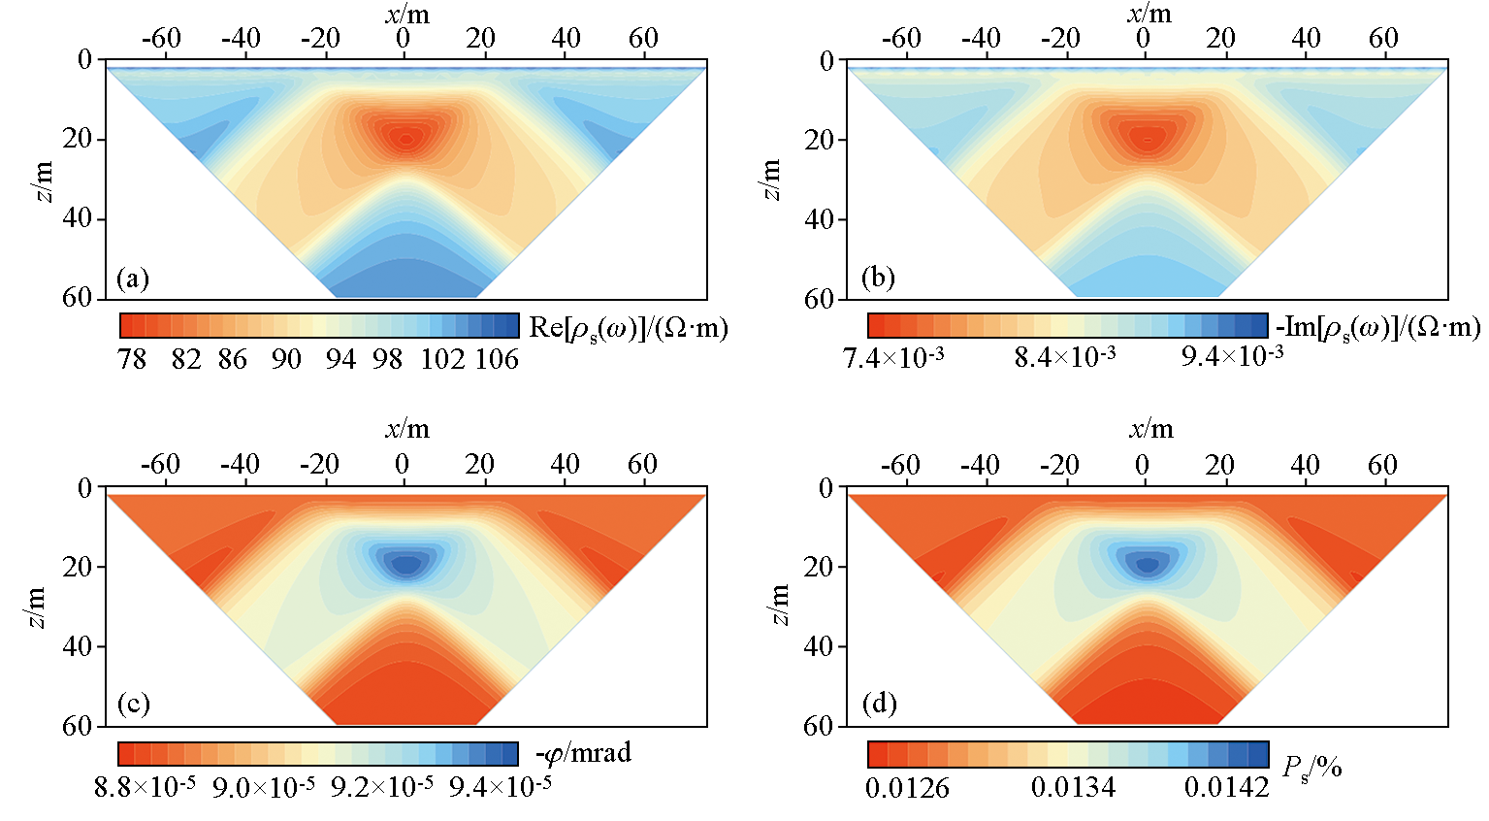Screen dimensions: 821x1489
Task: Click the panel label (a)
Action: (132, 279)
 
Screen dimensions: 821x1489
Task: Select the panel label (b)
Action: (878, 279)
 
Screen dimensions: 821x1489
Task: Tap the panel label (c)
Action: (132, 703)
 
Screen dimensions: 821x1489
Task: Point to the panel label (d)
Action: (879, 703)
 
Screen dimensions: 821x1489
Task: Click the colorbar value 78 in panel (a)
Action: (131, 359)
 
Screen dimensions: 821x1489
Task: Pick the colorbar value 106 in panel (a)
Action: (497, 359)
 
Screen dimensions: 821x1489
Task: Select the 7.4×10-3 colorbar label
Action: (893, 358)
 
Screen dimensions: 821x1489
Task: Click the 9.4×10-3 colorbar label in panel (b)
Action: (1232, 356)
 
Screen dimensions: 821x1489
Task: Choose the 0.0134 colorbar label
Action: (1073, 787)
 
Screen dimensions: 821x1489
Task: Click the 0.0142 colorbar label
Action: (1226, 787)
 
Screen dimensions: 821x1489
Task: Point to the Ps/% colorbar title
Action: (1312, 768)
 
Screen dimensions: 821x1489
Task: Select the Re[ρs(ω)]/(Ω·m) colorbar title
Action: (628, 328)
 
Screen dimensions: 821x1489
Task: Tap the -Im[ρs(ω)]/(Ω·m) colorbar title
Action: (1377, 328)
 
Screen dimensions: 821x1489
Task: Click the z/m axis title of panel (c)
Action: (37, 607)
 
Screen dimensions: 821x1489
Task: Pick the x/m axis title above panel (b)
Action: (1149, 14)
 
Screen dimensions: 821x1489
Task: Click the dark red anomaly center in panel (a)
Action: (405, 139)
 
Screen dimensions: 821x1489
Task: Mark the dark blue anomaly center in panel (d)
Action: (1148, 564)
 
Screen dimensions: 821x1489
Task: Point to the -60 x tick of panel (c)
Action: (160, 464)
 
